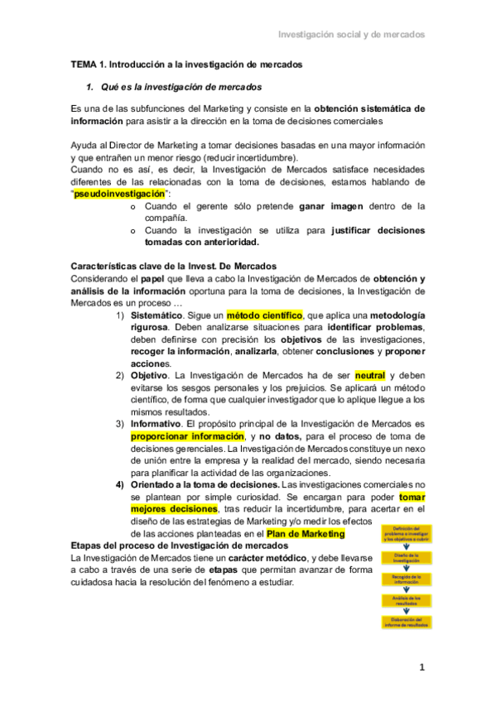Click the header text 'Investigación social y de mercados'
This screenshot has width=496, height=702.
pyautogui.click(x=350, y=36)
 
